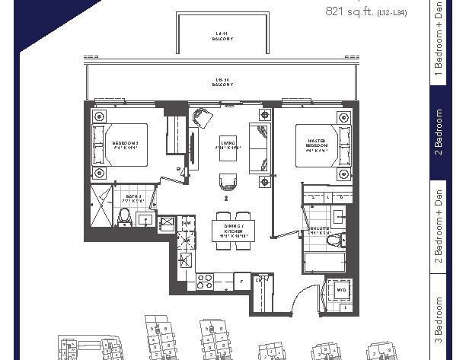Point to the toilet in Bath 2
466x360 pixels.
[145, 219]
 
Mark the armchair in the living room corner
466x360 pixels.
[203, 119]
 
